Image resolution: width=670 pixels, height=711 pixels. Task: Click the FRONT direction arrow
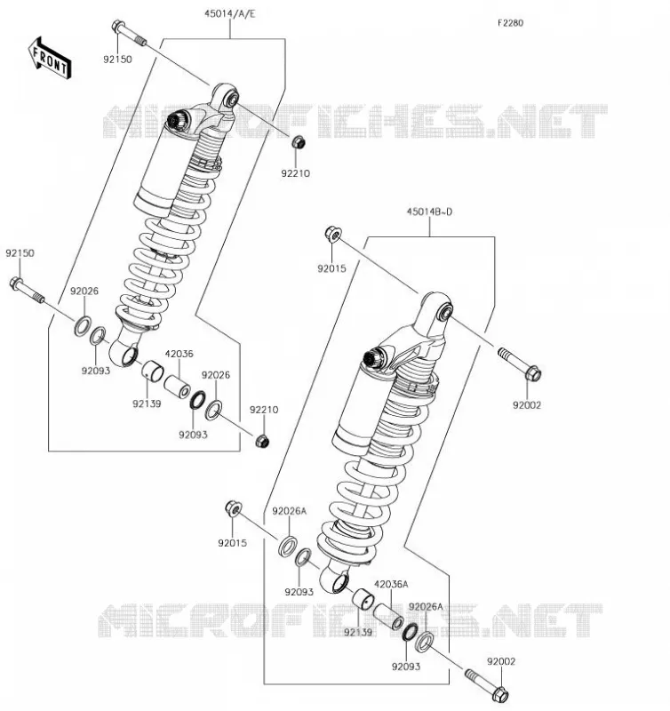tap(50, 59)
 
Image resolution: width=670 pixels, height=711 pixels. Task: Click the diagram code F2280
tap(510, 23)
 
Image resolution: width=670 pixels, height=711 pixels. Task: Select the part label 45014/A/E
tap(230, 13)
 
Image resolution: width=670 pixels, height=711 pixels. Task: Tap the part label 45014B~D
tap(429, 212)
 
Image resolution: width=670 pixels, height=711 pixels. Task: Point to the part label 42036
tap(179, 354)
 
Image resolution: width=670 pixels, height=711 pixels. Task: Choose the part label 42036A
tap(391, 584)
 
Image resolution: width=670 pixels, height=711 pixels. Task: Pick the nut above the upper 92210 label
tap(298, 142)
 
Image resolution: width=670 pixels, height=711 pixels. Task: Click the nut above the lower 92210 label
tap(262, 440)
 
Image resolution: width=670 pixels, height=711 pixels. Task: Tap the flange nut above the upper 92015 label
tap(333, 234)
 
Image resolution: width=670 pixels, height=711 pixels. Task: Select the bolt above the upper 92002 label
tap(520, 363)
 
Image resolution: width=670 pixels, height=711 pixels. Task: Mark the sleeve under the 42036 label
tap(177, 387)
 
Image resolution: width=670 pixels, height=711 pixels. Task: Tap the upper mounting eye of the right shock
tap(438, 308)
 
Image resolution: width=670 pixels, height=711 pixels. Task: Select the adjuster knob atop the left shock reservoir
tap(174, 121)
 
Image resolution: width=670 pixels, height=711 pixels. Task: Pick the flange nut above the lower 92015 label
tap(234, 508)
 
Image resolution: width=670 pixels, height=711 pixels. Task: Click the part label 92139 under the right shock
tap(358, 632)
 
